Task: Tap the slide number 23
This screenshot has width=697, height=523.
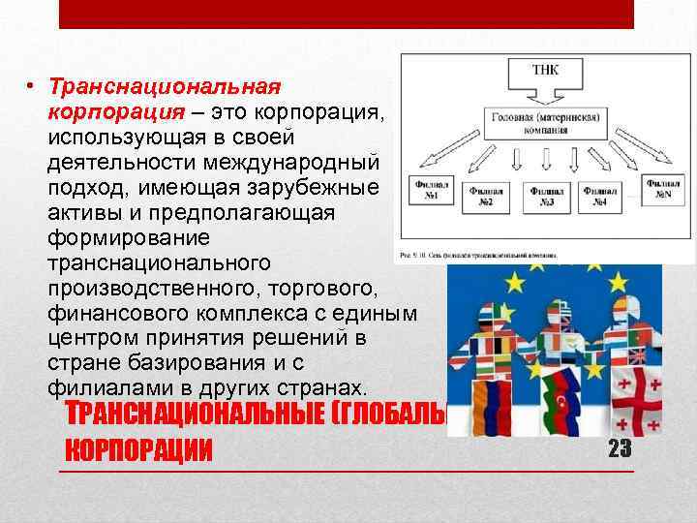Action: (x=620, y=448)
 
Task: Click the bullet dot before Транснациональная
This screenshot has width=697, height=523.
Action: (x=31, y=87)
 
